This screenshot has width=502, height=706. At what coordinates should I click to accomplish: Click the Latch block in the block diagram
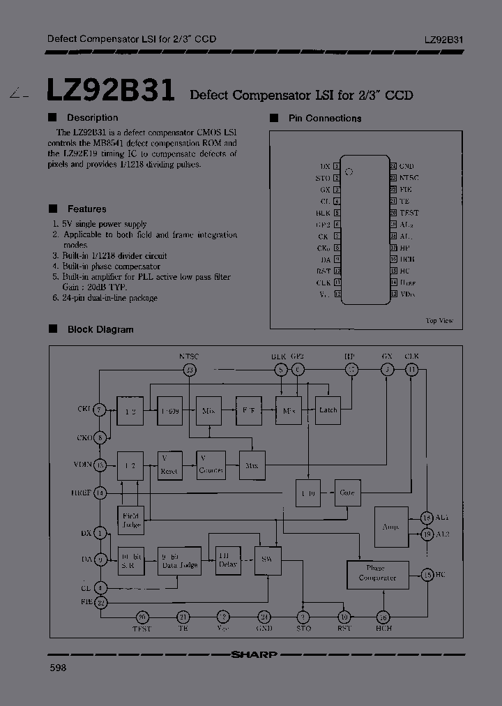click(328, 410)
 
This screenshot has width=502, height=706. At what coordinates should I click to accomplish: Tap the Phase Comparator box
click(377, 573)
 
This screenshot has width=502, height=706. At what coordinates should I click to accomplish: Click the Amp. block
click(390, 527)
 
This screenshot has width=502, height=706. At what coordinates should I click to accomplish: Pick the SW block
click(265, 560)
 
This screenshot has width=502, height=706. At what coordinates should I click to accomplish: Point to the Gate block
click(347, 493)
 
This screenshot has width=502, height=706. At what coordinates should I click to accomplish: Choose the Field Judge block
click(130, 520)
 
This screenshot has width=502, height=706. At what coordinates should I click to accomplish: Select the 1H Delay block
click(227, 559)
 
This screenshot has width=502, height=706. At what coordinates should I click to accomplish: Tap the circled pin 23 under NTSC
click(189, 370)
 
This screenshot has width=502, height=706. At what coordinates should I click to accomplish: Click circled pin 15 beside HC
click(427, 575)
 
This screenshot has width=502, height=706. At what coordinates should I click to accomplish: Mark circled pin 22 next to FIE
click(101, 603)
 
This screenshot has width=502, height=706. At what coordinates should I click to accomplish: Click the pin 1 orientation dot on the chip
click(351, 171)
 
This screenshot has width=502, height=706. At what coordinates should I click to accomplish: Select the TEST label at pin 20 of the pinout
click(409, 213)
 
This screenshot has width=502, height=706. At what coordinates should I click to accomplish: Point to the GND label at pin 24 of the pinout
click(406, 167)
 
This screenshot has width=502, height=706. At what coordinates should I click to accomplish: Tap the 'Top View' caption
click(439, 320)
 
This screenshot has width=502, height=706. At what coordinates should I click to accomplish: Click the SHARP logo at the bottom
click(254, 654)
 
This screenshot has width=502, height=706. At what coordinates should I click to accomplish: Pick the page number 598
click(58, 668)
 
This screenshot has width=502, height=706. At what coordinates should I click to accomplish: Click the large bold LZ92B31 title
click(111, 90)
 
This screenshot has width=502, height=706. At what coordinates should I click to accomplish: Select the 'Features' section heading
click(86, 209)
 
